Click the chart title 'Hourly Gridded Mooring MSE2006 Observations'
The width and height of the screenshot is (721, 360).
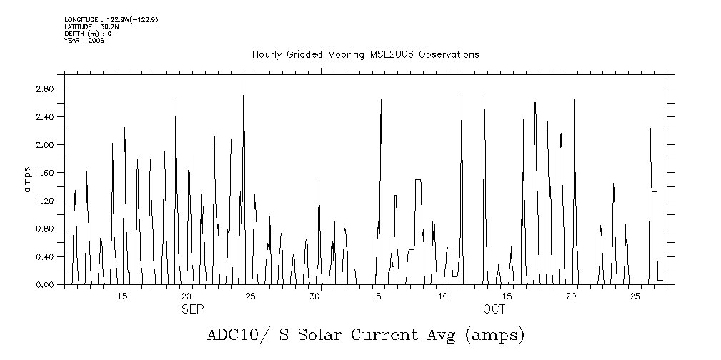365,54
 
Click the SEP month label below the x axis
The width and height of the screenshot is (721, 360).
192,309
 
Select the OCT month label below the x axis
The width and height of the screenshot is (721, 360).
494,309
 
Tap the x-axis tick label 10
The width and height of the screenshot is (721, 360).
443,296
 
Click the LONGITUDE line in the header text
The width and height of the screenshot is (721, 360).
111,19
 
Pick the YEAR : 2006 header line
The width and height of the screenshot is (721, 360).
84,41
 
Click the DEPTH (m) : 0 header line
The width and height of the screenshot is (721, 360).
88,34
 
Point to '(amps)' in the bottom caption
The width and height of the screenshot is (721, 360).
494,335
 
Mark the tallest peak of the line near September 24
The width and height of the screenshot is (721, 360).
244,81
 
